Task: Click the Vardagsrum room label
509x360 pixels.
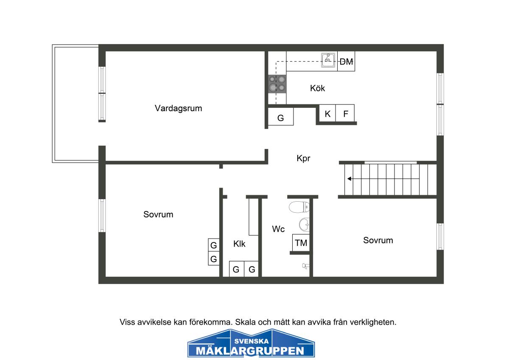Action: coord(179,109)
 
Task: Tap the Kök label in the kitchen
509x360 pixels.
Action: coord(317,88)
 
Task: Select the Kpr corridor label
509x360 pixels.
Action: coord(303,158)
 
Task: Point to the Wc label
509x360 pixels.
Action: coord(278,229)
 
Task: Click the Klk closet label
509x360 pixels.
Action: coord(239,244)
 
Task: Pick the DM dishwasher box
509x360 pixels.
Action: coord(346,62)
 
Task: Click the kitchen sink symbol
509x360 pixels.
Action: coord(328,60)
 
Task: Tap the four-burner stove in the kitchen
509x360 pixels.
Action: coord(277,84)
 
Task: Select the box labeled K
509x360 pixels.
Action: coord(327,113)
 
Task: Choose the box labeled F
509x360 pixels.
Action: coord(345,113)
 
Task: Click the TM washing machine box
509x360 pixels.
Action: coord(301,243)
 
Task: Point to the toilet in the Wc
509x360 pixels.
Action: coord(299,207)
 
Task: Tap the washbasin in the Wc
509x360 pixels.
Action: coord(304,225)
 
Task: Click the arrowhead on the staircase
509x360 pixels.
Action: coord(350,179)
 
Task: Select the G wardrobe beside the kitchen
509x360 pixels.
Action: coord(281,116)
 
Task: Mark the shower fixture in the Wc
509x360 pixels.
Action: coord(306,266)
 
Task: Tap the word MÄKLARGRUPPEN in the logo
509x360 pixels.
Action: coord(250,351)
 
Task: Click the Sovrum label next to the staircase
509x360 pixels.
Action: coord(378,240)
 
